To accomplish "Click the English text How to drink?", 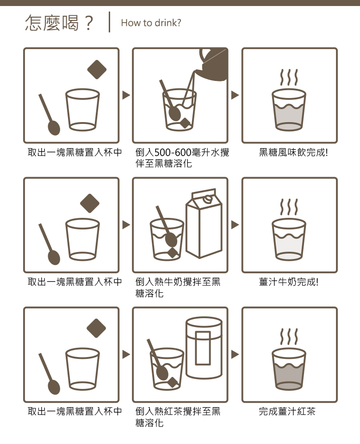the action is (x=151, y=23).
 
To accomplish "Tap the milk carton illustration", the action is (x=204, y=223).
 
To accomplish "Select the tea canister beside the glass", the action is (x=204, y=348).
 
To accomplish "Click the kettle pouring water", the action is (x=212, y=65).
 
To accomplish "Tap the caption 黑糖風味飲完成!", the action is (x=293, y=152).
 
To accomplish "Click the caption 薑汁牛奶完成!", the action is (x=289, y=282).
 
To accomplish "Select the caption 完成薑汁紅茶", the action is (x=287, y=411).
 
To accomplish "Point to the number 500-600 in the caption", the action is (x=173, y=153).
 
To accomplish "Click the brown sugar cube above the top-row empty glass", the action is (x=97, y=69).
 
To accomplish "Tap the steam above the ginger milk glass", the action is (x=289, y=207).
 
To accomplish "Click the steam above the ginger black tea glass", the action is (x=289, y=336).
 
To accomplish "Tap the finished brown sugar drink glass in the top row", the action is (x=289, y=110).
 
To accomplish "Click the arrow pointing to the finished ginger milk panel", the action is (x=235, y=225).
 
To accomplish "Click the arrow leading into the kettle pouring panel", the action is (x=126, y=95).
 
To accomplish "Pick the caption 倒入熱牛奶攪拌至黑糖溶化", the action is (x=178, y=287).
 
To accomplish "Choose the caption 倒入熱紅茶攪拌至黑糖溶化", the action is (x=178, y=417).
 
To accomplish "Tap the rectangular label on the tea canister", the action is (x=203, y=348).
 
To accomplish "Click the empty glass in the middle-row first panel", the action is (x=82, y=240).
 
